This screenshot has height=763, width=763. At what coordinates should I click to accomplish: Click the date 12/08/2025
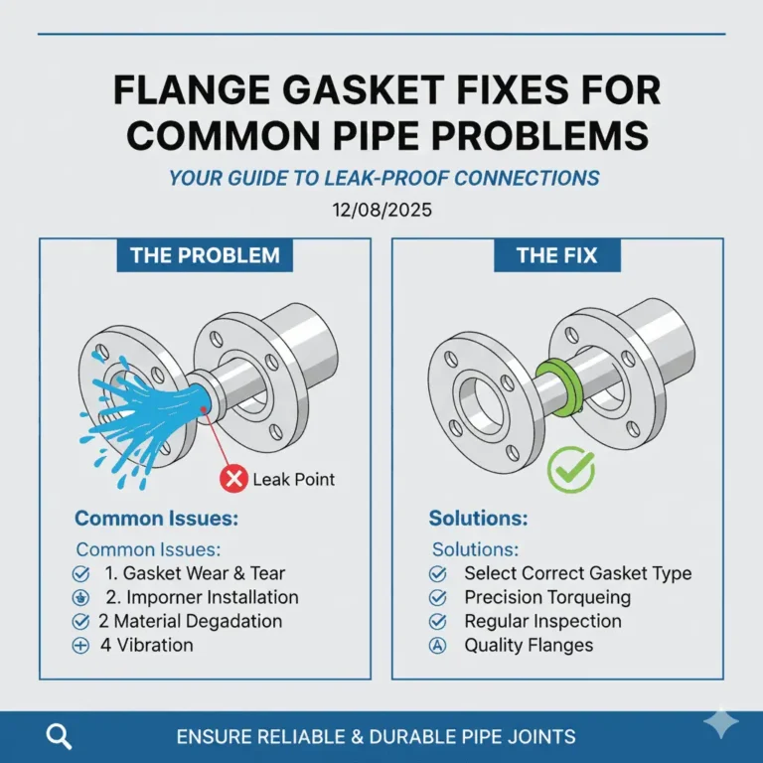382,211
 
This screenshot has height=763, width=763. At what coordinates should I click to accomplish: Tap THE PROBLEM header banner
205,255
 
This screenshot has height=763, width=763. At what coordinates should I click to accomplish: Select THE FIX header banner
556,255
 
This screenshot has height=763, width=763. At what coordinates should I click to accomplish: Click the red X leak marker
233,480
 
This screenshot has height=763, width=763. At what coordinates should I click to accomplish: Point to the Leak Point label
293,480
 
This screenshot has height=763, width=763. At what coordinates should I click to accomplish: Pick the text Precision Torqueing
546,597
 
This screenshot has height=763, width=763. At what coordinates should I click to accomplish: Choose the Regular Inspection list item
542,621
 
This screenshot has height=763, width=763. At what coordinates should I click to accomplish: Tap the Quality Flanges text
528,645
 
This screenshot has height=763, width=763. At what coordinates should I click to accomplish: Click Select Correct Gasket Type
577,573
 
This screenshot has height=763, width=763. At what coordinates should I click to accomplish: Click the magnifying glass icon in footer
60,736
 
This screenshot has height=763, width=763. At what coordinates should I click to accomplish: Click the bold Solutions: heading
478,519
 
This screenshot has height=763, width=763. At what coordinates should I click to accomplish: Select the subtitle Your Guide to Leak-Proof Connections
383,179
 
